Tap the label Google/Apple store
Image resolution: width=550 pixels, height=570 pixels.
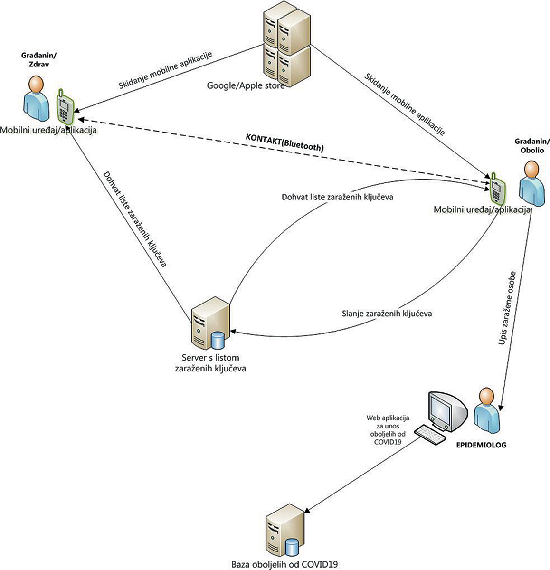click(246, 85)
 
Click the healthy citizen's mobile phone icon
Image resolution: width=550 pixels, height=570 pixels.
click(64, 106)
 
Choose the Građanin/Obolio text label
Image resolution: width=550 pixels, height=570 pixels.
click(531, 145)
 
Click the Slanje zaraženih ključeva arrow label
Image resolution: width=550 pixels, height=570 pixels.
click(387, 313)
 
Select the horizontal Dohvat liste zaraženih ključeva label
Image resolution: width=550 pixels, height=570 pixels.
click(337, 196)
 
